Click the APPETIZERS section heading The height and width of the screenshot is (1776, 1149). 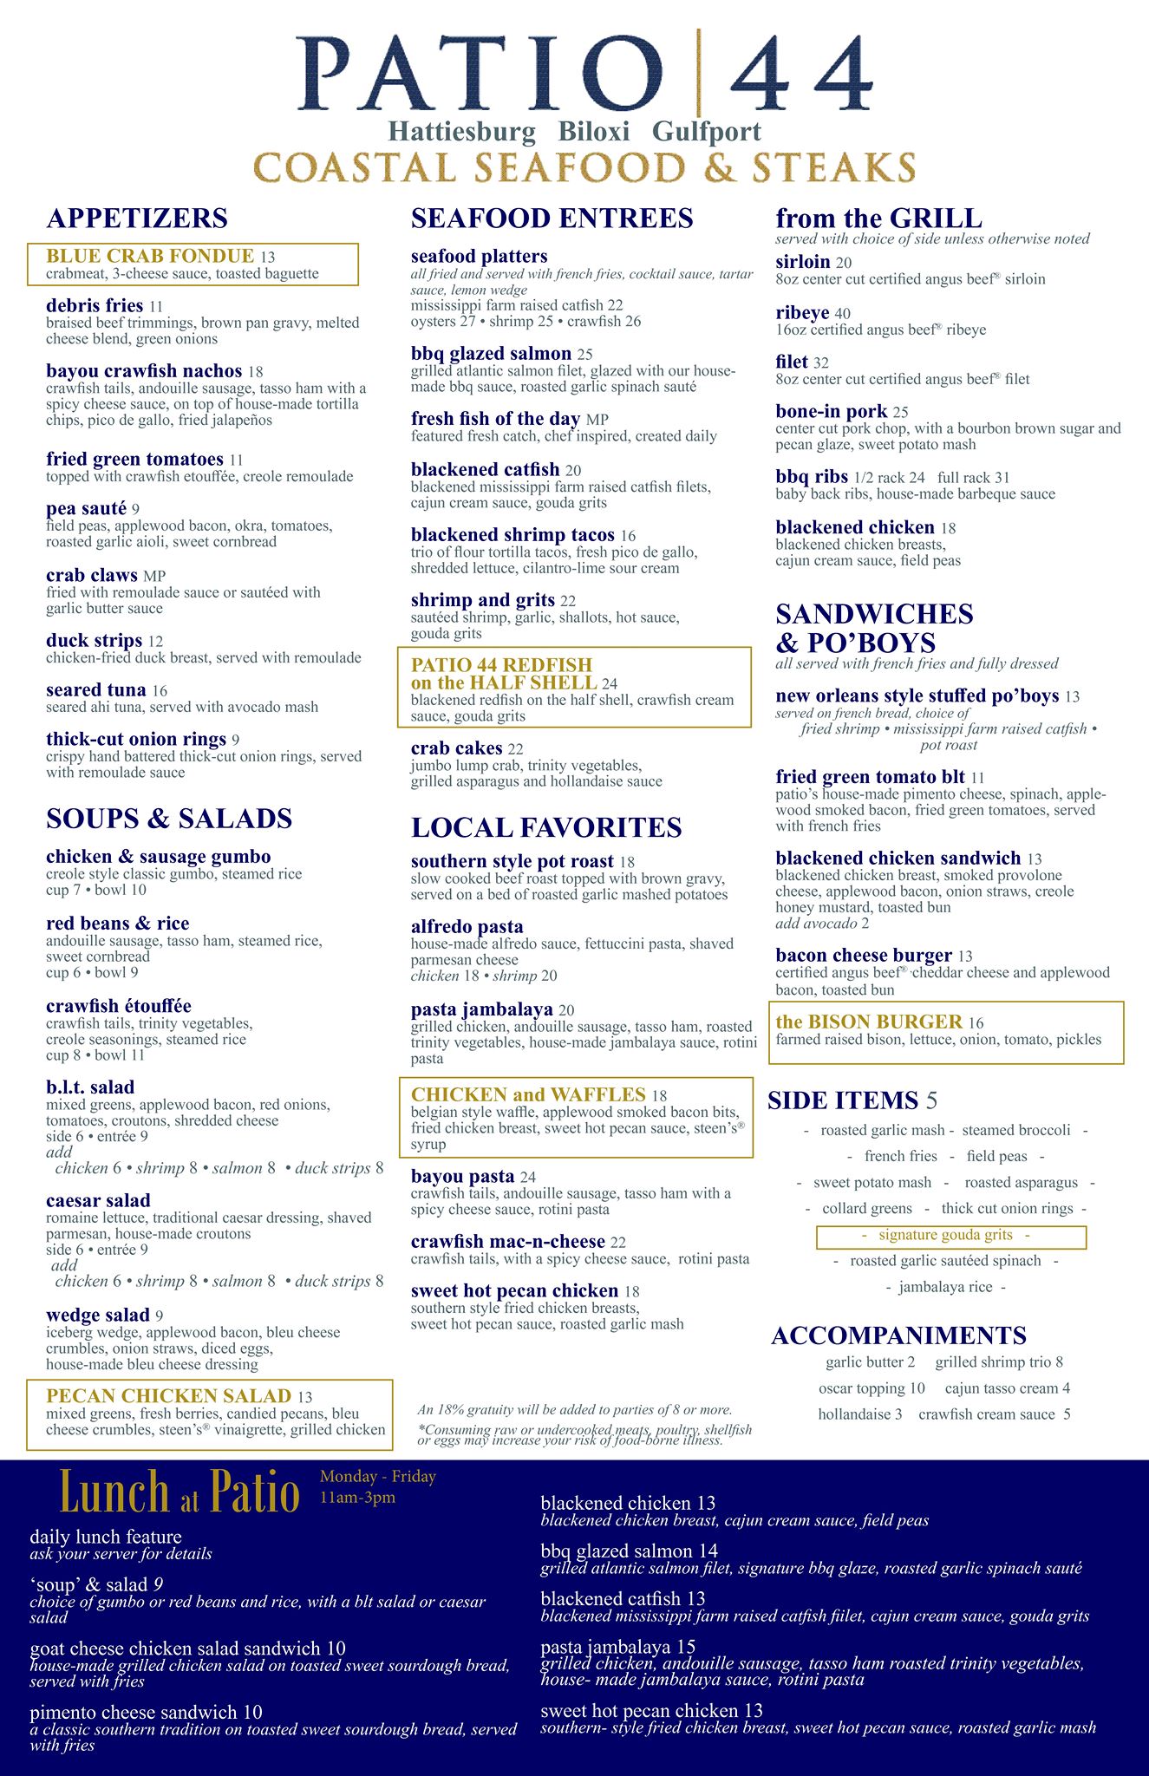pos(137,219)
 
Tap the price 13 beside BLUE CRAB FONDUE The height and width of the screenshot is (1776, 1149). pos(267,258)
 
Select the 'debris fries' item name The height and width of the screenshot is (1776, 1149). pos(95,306)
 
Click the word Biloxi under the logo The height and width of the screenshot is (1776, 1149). pos(594,132)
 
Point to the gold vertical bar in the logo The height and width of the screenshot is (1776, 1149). pos(699,73)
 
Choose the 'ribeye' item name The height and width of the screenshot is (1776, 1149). pos(802,313)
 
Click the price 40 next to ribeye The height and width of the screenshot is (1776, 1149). pos(842,314)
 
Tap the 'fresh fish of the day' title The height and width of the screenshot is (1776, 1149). pos(495,420)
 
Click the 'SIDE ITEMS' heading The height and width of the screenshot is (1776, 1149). pos(842,1100)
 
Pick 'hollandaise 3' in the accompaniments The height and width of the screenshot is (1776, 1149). pos(859,1414)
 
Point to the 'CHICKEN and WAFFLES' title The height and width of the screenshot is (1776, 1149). pos(528,1094)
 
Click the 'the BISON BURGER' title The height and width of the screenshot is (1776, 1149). pos(869,1022)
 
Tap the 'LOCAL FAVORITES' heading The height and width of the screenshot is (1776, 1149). pos(546,828)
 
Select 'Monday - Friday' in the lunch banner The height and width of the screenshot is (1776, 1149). pos(377,1477)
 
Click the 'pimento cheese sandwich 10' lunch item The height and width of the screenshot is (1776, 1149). pos(146,1713)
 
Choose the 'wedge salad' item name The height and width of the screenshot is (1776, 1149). pos(98,1316)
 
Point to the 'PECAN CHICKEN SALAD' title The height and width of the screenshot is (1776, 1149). pos(168,1396)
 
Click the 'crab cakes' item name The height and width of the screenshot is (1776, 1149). pos(456,748)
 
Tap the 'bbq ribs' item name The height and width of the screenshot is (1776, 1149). pos(812,477)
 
